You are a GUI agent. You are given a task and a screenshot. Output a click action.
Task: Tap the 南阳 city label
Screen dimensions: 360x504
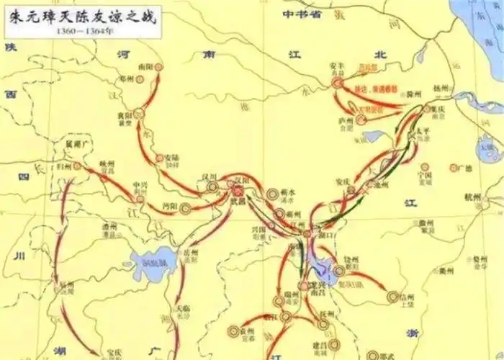pos(145,66)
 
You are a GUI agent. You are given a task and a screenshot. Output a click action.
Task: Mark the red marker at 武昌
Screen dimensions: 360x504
pos(238,192)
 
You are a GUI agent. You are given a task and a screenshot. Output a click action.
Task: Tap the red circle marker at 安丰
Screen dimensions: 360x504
pos(337,84)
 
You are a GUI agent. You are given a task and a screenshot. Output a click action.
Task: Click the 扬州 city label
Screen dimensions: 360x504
pos(442,88)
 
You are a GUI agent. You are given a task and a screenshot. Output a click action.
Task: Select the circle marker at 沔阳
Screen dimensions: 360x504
pos(185,209)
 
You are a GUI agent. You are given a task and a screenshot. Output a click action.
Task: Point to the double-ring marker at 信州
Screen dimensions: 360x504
pos(393,296)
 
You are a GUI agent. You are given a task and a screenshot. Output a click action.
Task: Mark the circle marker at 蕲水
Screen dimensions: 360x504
pos(273,194)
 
